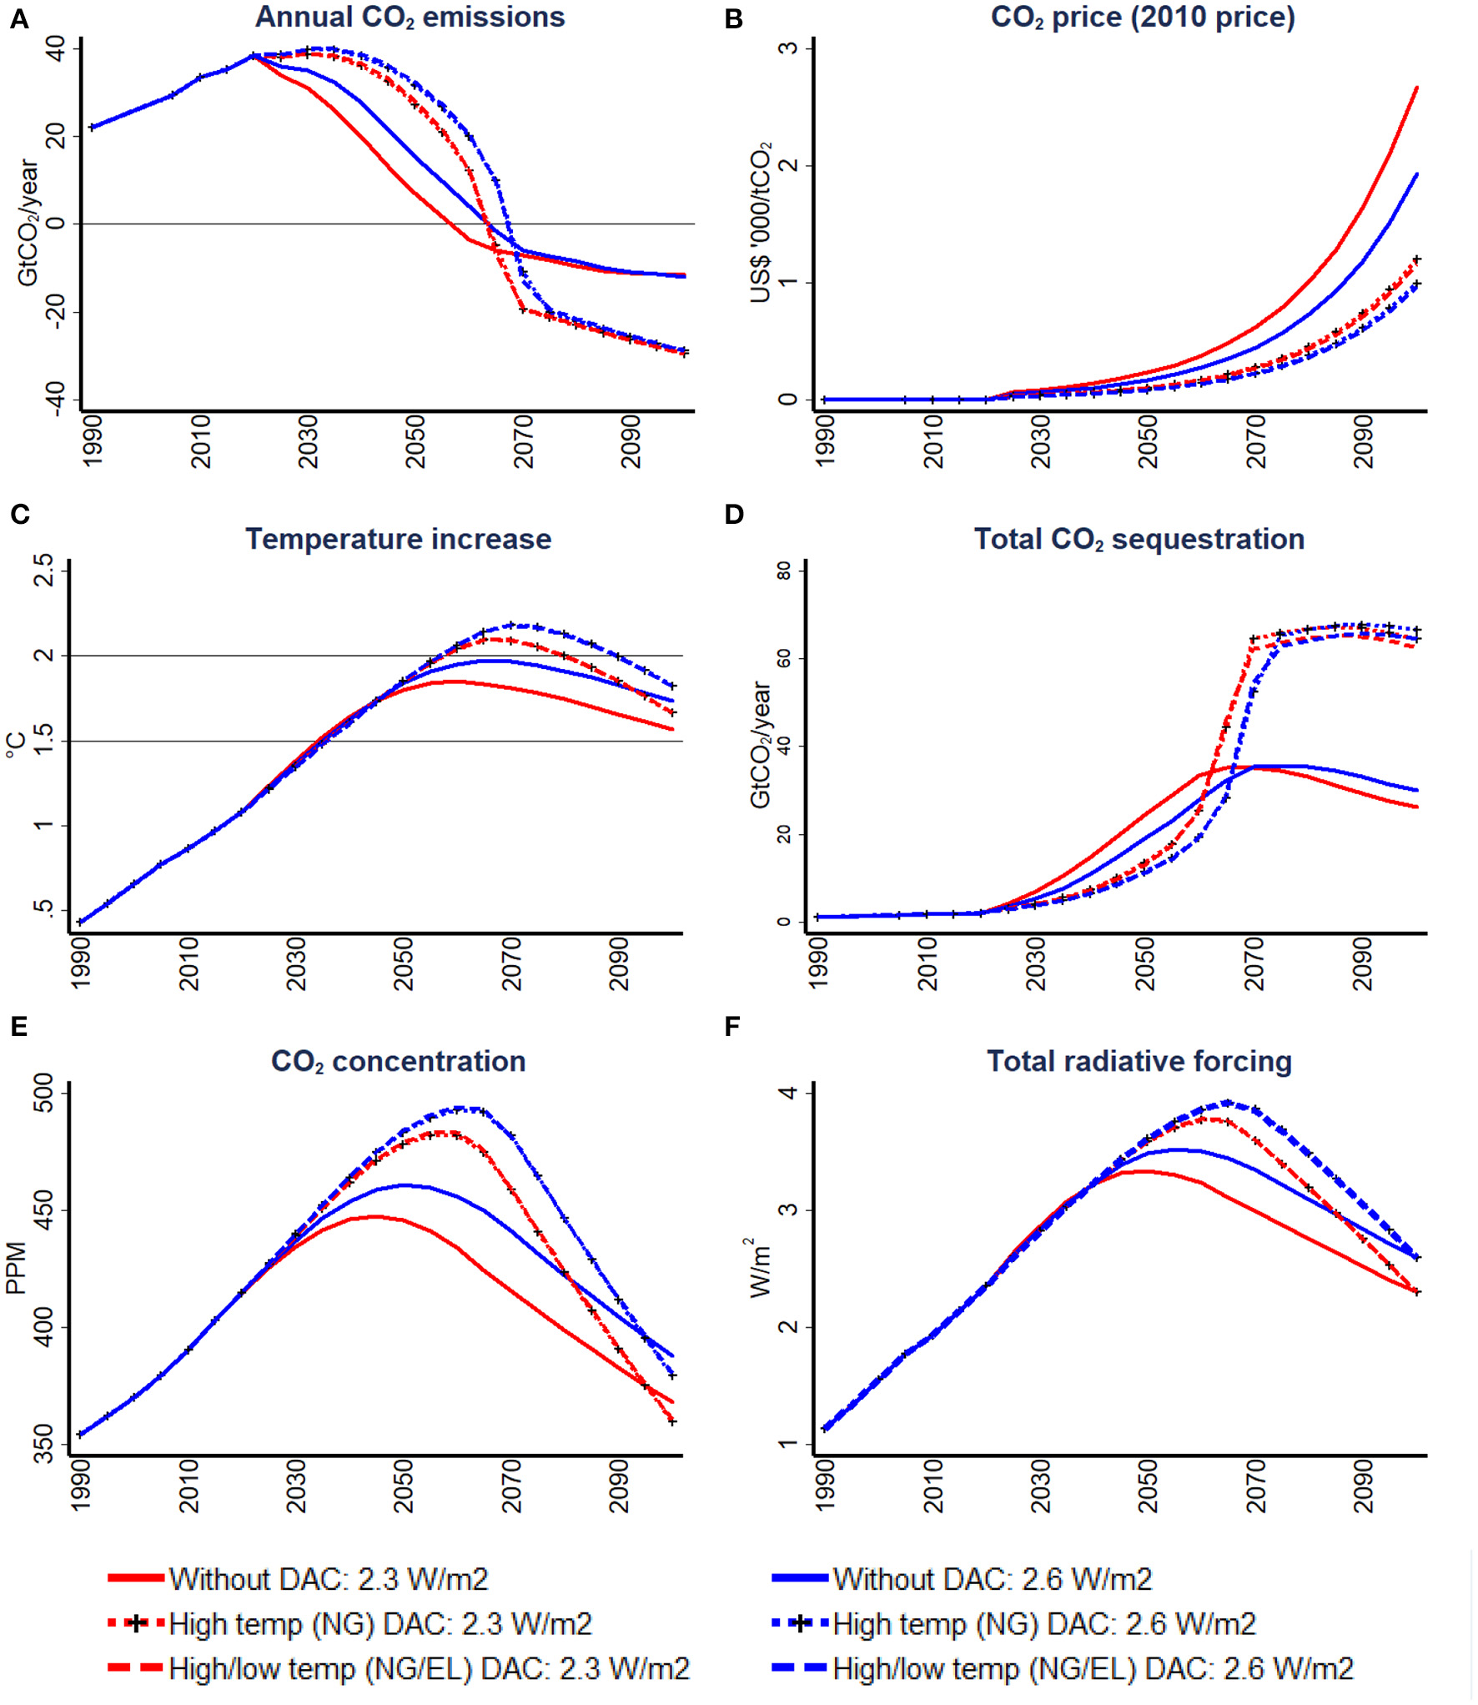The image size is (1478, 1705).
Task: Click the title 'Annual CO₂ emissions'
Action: click(x=410, y=18)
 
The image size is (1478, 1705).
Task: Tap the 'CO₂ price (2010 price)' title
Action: click(x=1142, y=18)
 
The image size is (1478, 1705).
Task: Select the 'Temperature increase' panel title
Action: click(x=398, y=539)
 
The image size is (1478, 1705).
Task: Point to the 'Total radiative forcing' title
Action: click(x=1139, y=1061)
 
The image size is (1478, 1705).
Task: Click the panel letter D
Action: click(x=734, y=515)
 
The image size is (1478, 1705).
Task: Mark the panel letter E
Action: click(x=18, y=1027)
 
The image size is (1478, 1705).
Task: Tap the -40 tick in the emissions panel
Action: click(x=55, y=399)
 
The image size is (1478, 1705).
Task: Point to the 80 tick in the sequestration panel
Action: click(x=784, y=571)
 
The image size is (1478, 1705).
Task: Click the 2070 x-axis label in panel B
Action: click(x=1256, y=442)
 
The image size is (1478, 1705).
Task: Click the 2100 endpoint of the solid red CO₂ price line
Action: click(x=1417, y=88)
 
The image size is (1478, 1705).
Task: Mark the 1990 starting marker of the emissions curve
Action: click(x=92, y=128)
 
